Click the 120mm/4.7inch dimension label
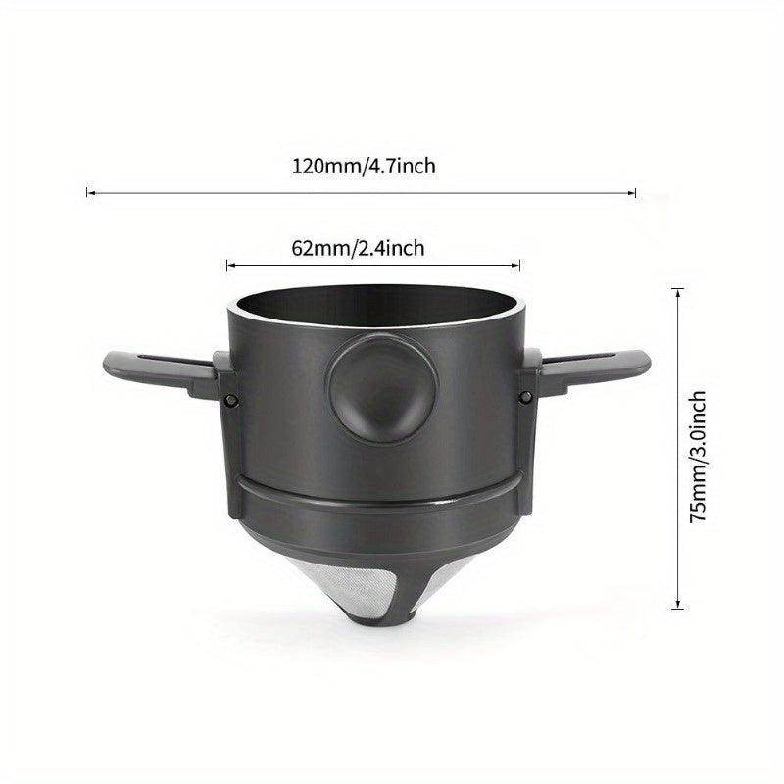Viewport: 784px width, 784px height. [x=363, y=167]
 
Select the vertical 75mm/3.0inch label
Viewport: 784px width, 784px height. [x=698, y=458]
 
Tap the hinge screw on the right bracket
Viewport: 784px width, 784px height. [x=525, y=397]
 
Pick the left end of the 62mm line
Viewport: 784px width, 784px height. [x=227, y=264]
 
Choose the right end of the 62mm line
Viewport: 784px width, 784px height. [x=520, y=264]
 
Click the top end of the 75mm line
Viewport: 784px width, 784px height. [x=679, y=286]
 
